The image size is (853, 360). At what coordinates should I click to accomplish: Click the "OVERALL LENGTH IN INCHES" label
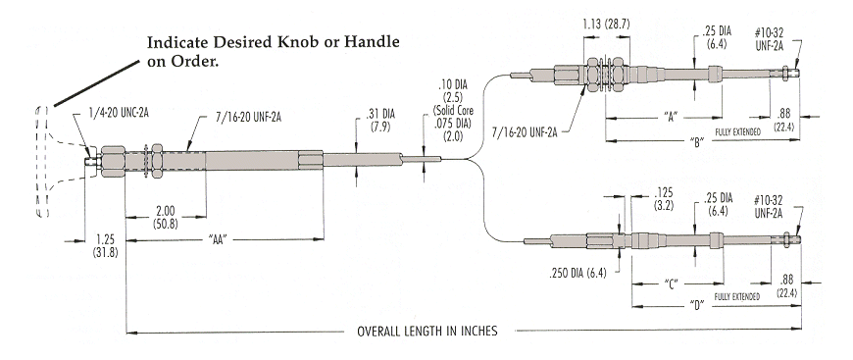click(427, 332)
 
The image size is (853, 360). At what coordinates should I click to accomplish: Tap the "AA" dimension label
click(217, 239)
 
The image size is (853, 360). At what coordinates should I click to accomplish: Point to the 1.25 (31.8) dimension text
click(106, 246)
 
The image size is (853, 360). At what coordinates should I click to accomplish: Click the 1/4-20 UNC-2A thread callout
click(120, 113)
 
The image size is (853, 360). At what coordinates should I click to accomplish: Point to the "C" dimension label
click(672, 283)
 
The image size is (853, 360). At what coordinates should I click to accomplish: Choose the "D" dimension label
click(697, 305)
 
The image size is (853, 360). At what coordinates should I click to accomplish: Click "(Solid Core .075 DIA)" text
click(450, 121)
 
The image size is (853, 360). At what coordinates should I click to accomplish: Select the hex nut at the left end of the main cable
click(112, 160)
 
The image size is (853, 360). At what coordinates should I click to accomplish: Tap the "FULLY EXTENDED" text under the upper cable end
click(737, 131)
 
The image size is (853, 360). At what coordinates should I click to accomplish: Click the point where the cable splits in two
click(473, 160)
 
